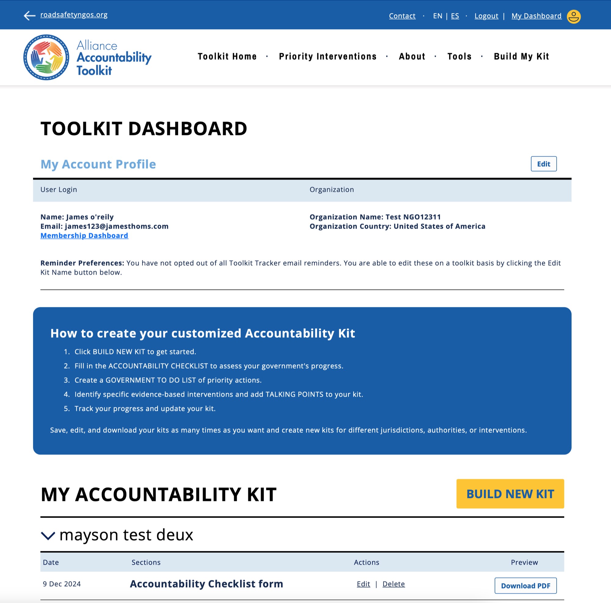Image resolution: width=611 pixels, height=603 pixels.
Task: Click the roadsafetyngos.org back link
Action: click(74, 15)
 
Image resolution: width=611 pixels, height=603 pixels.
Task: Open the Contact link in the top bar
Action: click(402, 16)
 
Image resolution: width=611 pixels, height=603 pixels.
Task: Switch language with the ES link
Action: click(455, 16)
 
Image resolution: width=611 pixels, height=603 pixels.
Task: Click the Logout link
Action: click(486, 16)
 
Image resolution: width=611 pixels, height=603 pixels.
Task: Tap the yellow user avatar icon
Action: click(573, 17)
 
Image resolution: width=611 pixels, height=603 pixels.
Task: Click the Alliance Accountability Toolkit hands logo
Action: click(46, 57)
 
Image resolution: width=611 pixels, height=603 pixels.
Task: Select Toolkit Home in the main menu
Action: click(227, 56)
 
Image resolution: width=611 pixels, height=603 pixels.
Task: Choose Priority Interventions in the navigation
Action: click(327, 56)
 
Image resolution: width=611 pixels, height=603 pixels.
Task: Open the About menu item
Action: click(412, 56)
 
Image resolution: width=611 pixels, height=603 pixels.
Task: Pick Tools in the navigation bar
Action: click(459, 56)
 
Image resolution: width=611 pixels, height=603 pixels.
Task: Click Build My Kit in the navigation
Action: click(521, 56)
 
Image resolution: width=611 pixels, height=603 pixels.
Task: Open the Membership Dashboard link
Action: click(84, 235)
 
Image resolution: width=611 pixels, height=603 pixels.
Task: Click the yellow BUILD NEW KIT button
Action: click(510, 494)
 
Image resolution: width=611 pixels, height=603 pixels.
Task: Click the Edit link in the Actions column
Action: click(363, 584)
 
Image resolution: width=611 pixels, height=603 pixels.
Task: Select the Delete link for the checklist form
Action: click(393, 584)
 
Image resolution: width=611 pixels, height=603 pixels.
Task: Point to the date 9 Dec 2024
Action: click(62, 584)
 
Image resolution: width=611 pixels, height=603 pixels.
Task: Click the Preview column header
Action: click(524, 562)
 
